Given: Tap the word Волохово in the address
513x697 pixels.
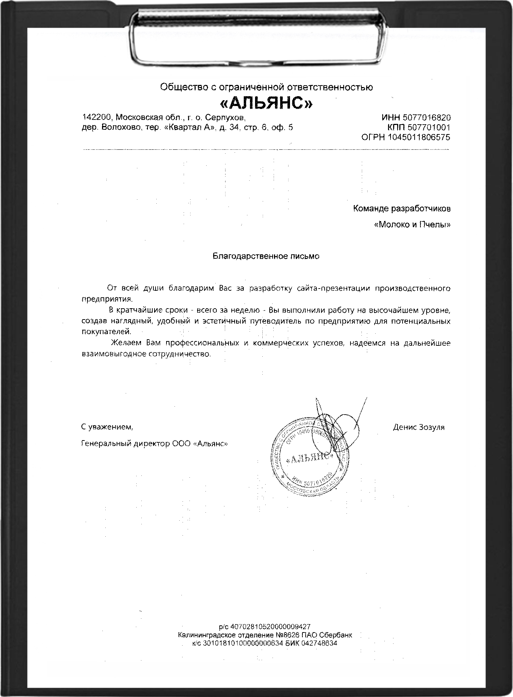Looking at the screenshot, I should [x=121, y=128].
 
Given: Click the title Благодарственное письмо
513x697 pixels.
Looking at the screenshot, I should [x=266, y=256].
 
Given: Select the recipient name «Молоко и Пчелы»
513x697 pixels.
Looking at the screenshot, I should [x=412, y=225].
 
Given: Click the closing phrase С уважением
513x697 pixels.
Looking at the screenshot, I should [x=107, y=427].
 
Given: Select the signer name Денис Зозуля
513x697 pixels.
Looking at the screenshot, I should [x=419, y=427].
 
